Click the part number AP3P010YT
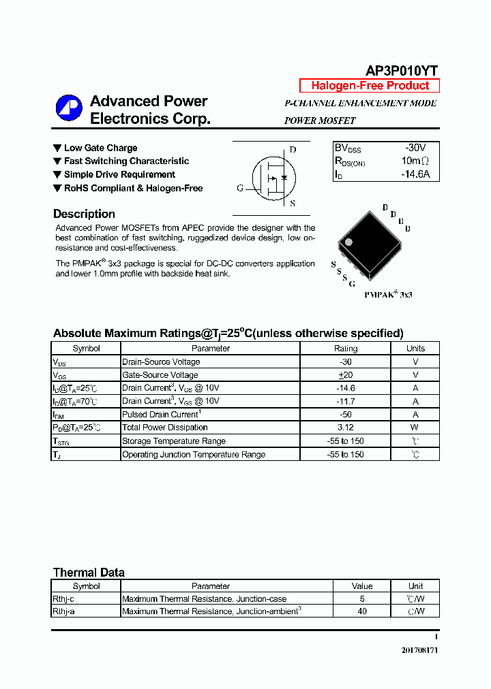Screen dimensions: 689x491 (402, 70)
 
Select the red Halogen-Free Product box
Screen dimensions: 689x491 (370, 86)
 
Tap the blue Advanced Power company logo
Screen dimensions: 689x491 (69, 110)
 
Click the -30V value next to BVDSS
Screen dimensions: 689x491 (415, 148)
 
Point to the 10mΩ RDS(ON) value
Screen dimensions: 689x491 (415, 161)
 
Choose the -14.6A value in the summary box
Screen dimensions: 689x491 (415, 174)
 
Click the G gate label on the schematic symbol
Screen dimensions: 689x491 (239, 189)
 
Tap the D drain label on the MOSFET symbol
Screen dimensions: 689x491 (293, 150)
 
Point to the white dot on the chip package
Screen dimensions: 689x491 (348, 242)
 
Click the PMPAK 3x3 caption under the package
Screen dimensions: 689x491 (388, 295)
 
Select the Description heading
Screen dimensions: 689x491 (84, 214)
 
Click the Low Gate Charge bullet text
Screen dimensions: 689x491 (100, 148)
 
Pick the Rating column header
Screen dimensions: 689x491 (345, 349)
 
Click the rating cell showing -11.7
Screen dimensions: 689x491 (345, 402)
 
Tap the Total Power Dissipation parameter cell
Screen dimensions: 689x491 (165, 428)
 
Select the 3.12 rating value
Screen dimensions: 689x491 (345, 428)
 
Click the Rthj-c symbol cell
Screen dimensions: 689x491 (64, 599)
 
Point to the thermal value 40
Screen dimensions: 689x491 (362, 611)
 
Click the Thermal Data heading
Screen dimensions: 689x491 (89, 573)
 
